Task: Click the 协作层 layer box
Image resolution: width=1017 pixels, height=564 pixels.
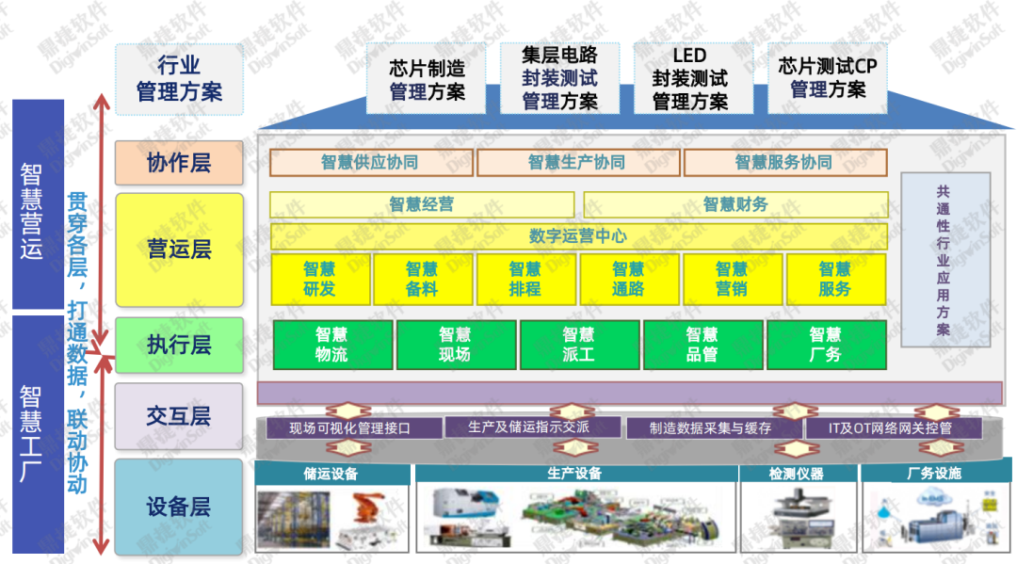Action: [179, 163]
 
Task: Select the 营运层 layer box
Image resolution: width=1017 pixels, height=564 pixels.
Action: [179, 250]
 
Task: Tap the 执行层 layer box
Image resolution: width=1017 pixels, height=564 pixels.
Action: [179, 345]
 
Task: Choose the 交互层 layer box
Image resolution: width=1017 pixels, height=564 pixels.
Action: [179, 416]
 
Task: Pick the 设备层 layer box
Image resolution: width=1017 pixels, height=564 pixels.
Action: [179, 507]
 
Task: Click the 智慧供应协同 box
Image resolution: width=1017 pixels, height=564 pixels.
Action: [370, 162]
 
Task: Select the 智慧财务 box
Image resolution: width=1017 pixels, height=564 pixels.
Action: [735, 204]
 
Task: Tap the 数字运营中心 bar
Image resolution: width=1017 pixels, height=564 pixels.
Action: [578, 235]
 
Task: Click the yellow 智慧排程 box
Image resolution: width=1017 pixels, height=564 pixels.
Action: [525, 279]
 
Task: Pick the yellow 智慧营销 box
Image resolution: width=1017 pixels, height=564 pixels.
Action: [731, 279]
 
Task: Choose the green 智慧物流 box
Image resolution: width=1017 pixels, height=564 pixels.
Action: [331, 345]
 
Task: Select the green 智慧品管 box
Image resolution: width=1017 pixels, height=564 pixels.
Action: [702, 345]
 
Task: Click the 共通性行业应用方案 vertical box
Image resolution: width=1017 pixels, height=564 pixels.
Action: [943, 259]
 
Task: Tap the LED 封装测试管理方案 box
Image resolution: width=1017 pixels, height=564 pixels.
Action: [690, 78]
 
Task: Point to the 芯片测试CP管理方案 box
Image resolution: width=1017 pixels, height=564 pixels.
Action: [828, 78]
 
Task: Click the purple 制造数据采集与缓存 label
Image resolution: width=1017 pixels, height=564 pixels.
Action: [711, 427]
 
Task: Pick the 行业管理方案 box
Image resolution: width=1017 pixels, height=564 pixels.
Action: [179, 78]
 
